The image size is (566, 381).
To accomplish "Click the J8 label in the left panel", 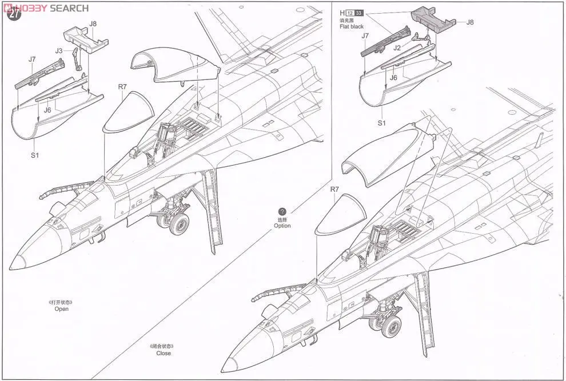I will point(93,23).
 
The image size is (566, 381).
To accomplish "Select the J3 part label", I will point(59,51).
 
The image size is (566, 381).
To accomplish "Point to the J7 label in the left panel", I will point(32,59).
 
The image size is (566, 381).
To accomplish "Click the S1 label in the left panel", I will point(34,154).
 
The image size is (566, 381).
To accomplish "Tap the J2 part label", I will point(397,49).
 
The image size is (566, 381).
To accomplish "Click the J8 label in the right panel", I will point(469,22).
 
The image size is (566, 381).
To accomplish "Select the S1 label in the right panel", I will point(382,123).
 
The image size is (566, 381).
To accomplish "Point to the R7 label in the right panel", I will point(335,189).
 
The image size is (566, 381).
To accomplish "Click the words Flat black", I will point(352,27).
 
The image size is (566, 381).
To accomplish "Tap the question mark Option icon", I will point(282,212).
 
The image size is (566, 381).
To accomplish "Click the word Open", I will point(61,309).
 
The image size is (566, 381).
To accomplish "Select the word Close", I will point(164,353).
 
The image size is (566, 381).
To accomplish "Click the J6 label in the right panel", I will point(393,78).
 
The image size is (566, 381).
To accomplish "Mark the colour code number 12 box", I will point(349,13).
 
